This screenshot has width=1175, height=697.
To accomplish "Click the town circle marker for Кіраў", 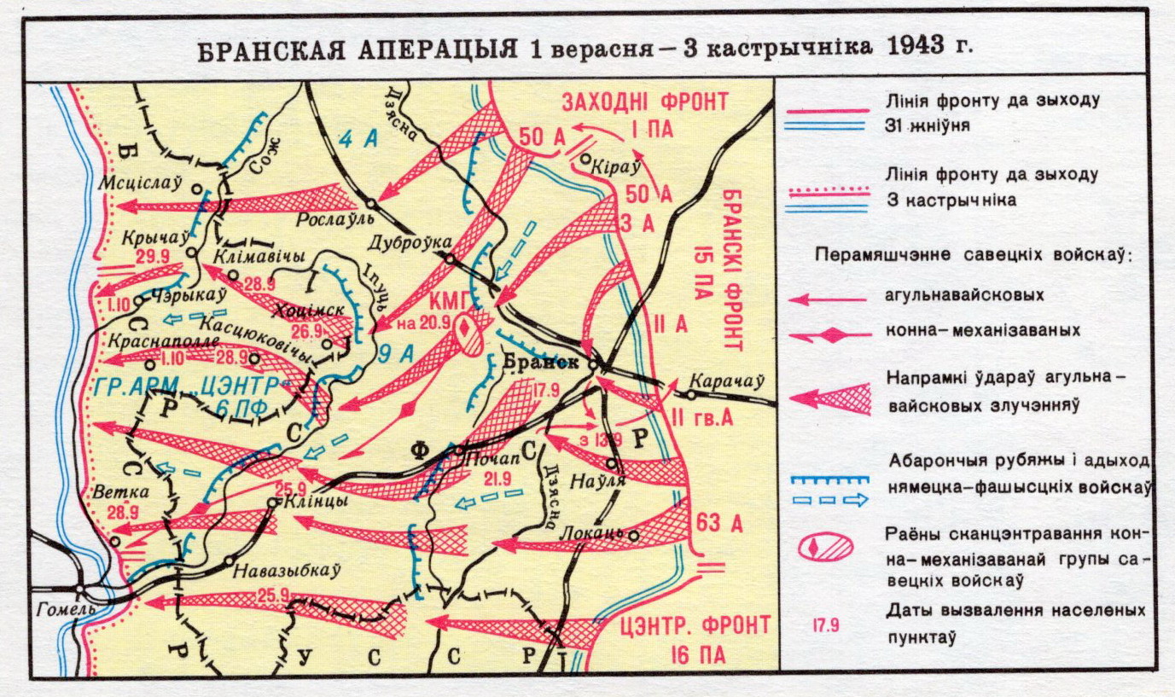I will pos(585,158).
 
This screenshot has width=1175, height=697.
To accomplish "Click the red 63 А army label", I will pos(720,521).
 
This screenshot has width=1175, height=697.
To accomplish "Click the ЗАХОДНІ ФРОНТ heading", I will pos(644,102).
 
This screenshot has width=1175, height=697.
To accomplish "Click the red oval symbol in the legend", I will pos(826,546).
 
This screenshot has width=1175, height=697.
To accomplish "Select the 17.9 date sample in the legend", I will pos(826,624).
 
